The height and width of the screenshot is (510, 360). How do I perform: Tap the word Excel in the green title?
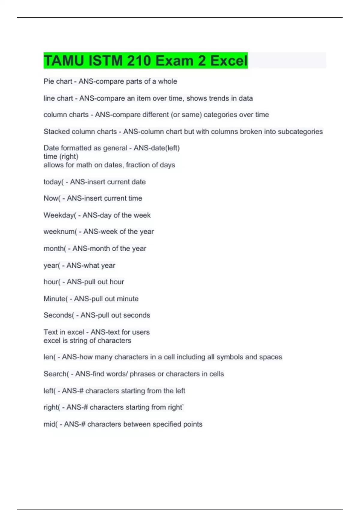point(229,61)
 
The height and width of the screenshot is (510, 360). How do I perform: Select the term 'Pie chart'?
point(58,81)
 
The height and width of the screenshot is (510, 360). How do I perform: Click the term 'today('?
point(53,182)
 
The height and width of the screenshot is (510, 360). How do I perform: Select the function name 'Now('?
point(52,198)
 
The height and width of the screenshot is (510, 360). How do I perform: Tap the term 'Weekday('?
point(60,215)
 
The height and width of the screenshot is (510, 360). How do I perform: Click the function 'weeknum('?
point(60,232)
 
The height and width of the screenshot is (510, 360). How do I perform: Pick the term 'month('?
point(55,248)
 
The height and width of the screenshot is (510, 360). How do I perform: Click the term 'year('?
point(52,265)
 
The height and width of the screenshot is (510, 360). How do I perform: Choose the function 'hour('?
point(52,282)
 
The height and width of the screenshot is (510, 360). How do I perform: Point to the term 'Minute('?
point(55,299)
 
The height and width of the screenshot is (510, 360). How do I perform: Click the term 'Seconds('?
point(58,315)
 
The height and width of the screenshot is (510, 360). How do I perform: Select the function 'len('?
point(49,357)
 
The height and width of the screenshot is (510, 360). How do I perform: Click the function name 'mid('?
point(50,424)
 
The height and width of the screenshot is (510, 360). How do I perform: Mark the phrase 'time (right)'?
point(61,157)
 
